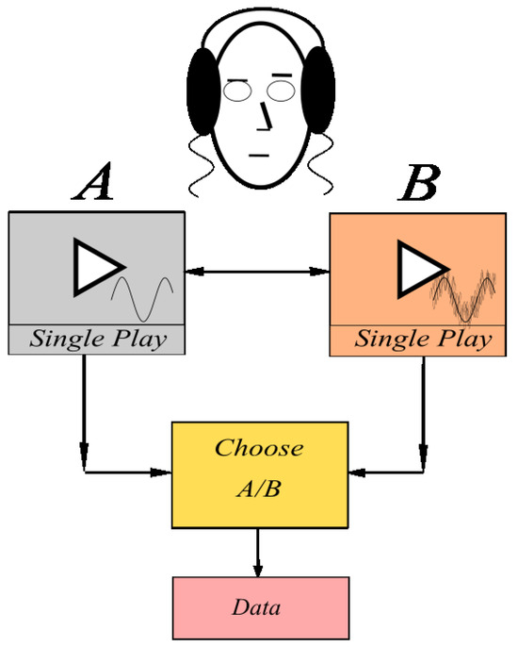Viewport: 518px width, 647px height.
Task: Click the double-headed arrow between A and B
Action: tap(256, 273)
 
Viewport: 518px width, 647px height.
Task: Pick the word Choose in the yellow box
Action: tap(258, 447)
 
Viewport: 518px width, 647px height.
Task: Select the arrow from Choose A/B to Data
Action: tap(257, 553)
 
